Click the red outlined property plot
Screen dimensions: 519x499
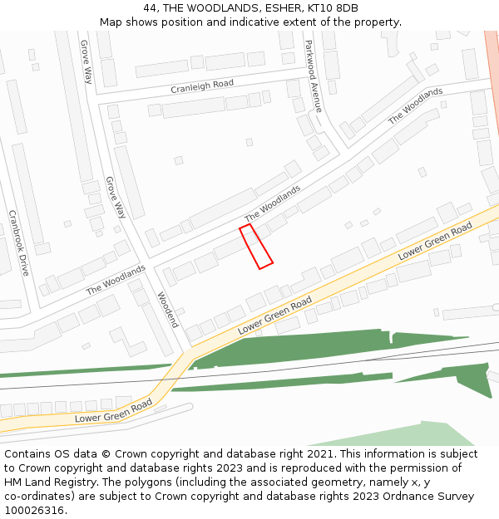[256, 247]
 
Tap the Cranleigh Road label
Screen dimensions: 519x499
[202, 85]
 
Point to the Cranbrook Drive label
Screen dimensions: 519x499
[18, 242]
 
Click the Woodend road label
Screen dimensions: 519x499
[167, 309]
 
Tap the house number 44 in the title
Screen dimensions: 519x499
[150, 7]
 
